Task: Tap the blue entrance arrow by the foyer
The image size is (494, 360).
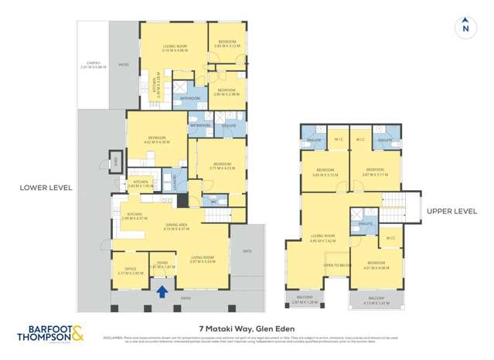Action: tap(162, 291)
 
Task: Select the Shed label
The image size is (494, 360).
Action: tap(115, 161)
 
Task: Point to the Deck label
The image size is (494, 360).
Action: tap(247, 250)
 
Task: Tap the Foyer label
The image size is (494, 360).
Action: tap(162, 264)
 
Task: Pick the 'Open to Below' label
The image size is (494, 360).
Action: tap(335, 264)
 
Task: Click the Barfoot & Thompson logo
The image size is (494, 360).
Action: tap(51, 335)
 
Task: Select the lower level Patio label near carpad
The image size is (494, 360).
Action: tap(123, 66)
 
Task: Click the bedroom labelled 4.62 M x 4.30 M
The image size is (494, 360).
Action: tap(156, 140)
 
